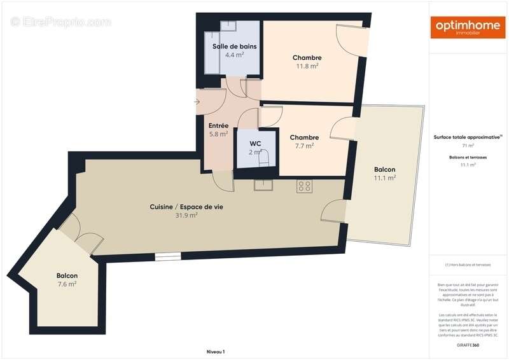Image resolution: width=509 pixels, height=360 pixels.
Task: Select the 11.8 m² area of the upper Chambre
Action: (x=307, y=66)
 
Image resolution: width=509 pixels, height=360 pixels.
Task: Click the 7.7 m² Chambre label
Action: (x=304, y=137)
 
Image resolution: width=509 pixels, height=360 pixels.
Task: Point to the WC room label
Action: (x=255, y=143)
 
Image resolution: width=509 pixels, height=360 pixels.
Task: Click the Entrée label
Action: (x=218, y=125)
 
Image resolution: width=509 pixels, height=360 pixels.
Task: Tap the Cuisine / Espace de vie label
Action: (x=186, y=207)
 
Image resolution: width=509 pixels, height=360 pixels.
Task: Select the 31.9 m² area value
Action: (x=186, y=216)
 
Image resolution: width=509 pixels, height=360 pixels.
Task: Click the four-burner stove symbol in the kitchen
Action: (x=304, y=186)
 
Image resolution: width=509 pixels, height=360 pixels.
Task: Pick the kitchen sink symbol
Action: (x=263, y=185)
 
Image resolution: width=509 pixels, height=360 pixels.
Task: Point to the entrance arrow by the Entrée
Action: (x=197, y=102)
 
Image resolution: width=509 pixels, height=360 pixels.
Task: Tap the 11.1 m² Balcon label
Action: (x=384, y=170)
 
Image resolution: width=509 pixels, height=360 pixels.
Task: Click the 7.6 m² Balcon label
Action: (x=66, y=275)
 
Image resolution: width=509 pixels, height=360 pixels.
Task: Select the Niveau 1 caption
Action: (x=216, y=352)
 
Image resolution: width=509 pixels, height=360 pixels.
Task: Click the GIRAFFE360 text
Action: (x=468, y=344)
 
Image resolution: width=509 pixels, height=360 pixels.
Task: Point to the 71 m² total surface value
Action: (x=468, y=146)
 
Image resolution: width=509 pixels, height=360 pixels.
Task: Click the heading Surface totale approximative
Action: (x=468, y=137)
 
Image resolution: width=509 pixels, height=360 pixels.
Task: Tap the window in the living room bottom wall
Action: (x=168, y=256)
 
